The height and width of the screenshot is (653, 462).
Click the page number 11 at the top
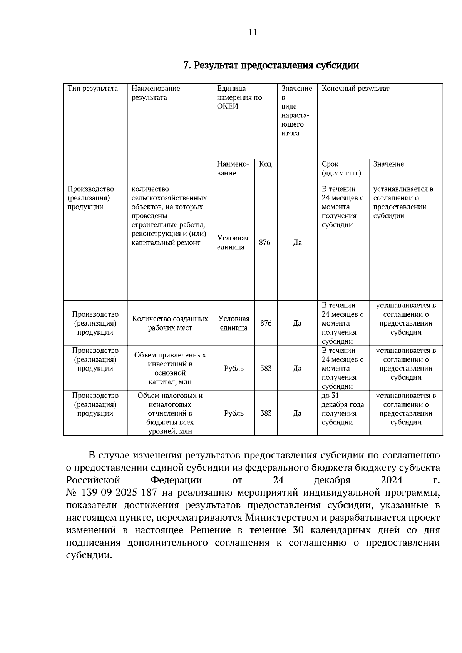(x=253, y=32)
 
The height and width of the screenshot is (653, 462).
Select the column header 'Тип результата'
(x=93, y=89)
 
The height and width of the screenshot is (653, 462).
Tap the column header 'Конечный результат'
(x=355, y=89)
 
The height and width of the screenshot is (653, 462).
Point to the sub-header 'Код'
(x=265, y=164)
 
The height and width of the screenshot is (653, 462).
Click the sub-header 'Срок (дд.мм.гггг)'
(x=341, y=169)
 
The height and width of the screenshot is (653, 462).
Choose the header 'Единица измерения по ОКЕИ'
(x=239, y=97)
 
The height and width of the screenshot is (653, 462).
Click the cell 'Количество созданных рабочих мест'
(x=170, y=323)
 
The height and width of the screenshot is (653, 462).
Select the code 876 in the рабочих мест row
(x=266, y=323)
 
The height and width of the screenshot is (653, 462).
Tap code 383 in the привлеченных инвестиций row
(x=266, y=368)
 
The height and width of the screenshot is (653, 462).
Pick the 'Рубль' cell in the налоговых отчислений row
(x=234, y=413)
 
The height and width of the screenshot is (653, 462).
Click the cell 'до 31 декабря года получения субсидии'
(x=343, y=409)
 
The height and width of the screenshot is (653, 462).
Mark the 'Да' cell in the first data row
(x=297, y=242)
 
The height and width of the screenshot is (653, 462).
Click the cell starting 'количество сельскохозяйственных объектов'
(x=169, y=216)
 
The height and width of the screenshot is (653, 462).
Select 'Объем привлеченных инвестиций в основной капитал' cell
(x=170, y=368)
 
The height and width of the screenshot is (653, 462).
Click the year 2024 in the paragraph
(x=392, y=480)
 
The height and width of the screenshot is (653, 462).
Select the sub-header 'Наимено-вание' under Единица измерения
(x=233, y=169)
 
